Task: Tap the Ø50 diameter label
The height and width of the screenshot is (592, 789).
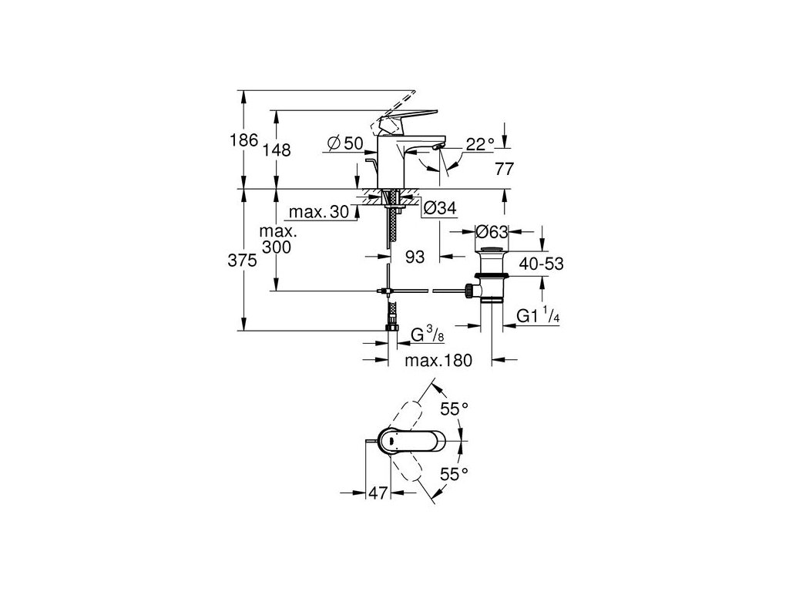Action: [344, 143]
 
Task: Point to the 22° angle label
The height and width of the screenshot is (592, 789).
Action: [479, 143]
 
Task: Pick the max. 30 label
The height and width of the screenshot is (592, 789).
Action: [317, 212]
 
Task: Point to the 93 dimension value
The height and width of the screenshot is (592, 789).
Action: [415, 257]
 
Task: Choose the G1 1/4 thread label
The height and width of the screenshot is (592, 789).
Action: [537, 316]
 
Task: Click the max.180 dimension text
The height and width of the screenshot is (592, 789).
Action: [441, 359]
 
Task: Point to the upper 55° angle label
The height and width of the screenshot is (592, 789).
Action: [455, 409]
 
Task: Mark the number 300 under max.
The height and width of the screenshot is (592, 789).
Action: [277, 246]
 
